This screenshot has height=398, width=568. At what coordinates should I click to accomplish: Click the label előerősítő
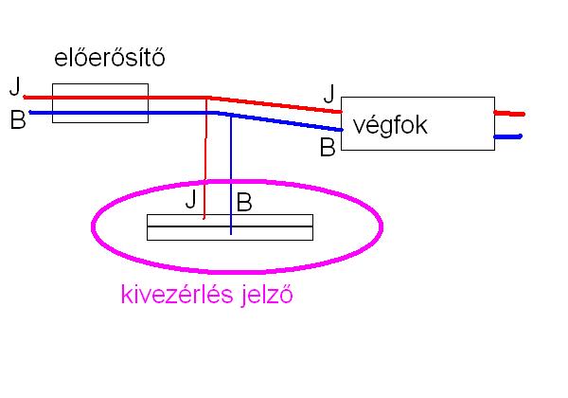[110, 60]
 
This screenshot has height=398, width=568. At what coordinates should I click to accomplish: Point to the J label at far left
[14, 87]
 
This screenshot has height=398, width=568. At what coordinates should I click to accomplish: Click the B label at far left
[16, 122]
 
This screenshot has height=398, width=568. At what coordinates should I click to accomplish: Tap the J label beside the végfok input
[328, 93]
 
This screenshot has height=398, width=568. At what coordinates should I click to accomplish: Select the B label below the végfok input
[328, 148]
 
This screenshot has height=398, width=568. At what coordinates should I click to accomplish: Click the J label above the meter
[191, 199]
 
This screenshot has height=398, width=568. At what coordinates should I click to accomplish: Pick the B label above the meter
[244, 202]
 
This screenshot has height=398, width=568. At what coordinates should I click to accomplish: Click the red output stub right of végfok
[509, 113]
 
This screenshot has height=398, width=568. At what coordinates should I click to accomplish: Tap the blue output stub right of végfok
[509, 137]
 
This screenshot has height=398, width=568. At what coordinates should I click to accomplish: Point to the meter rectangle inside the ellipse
[275, 227]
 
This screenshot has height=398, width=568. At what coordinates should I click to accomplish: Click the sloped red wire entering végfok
[275, 103]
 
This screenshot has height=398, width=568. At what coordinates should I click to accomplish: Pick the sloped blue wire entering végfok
[284, 120]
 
